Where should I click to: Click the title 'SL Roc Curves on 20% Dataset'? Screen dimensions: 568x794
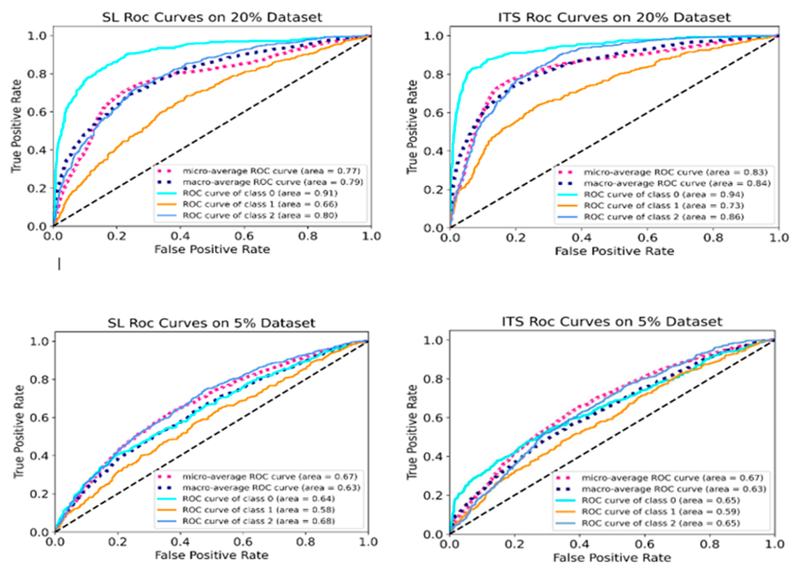[x=212, y=17]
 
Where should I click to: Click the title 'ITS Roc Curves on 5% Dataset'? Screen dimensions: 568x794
[x=612, y=321]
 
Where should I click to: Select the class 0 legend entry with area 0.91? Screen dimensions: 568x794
[x=259, y=193]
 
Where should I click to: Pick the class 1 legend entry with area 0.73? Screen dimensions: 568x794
[x=664, y=205]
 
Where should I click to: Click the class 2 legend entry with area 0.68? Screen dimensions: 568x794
[x=258, y=521]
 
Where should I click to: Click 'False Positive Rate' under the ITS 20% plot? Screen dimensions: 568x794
[x=614, y=251]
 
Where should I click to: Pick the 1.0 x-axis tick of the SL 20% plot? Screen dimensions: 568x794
[x=371, y=236]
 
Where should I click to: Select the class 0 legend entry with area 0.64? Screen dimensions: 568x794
[x=258, y=498]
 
